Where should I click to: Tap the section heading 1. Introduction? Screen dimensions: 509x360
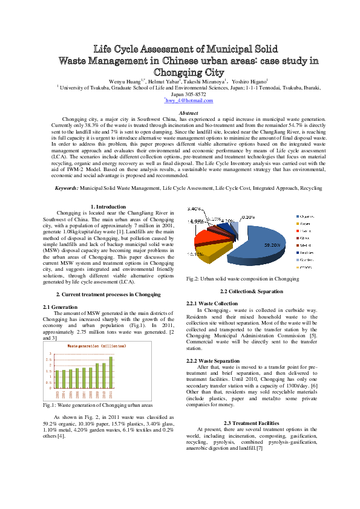pos(108,207)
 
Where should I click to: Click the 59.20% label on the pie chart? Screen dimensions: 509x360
pos(271,245)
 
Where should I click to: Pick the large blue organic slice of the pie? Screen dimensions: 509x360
pos(254,242)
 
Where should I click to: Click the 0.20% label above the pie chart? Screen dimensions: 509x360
pos(248,216)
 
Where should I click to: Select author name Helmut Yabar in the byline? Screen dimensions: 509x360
pos(165,80)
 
